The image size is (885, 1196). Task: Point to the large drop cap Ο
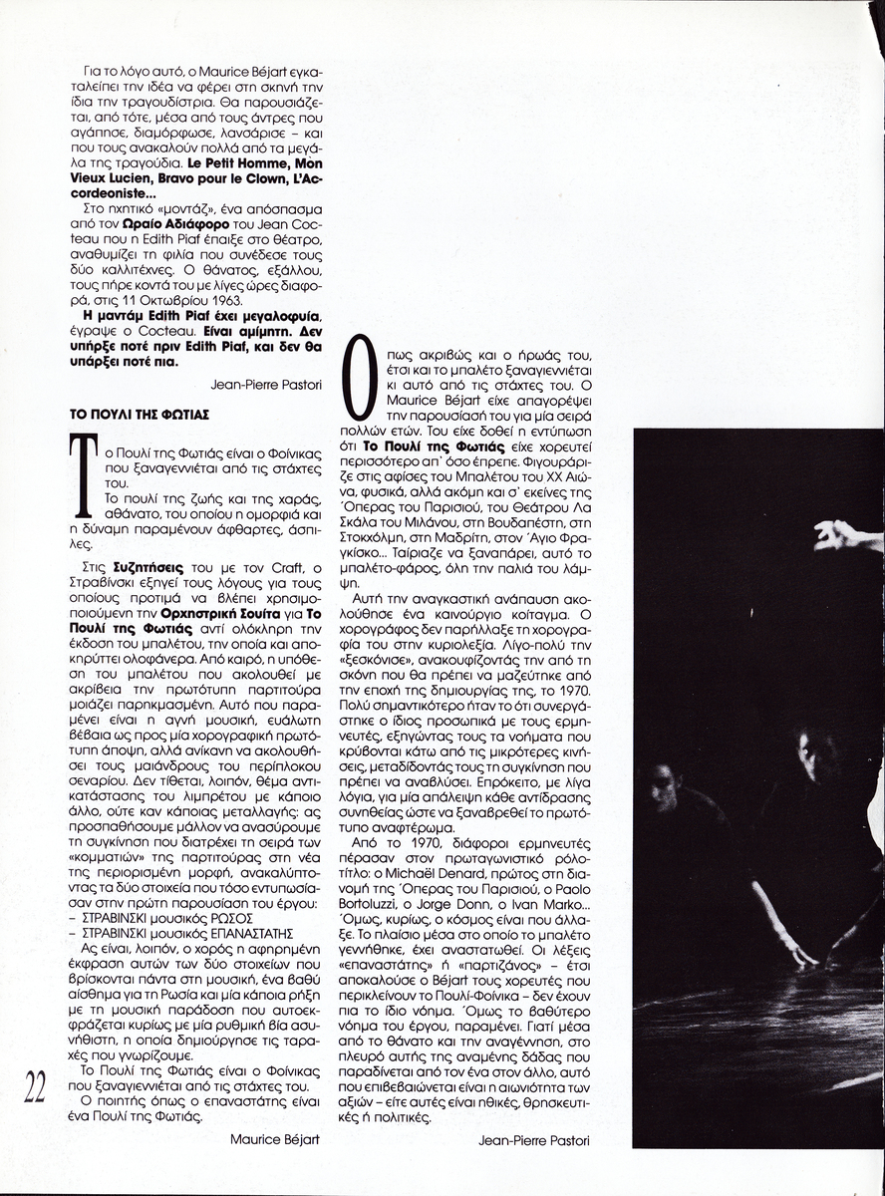[361, 377]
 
